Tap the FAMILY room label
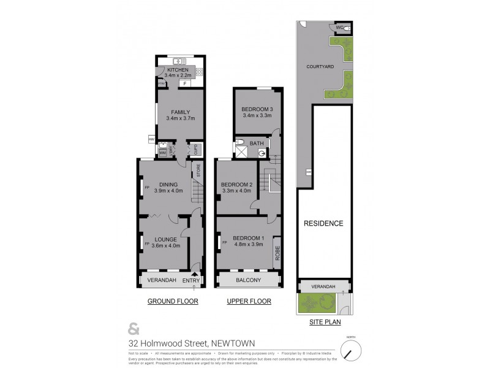[x=180, y=112]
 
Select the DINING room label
[x=168, y=185]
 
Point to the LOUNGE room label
[x=166, y=239]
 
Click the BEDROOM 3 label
[x=257, y=110]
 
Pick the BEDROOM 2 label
[x=236, y=185]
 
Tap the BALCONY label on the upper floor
[x=249, y=280]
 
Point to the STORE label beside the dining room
[x=198, y=170]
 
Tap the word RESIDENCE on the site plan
[x=324, y=223]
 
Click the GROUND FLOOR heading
[x=168, y=302]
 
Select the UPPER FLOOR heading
[x=249, y=302]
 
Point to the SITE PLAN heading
[x=324, y=321]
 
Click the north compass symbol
[x=351, y=351]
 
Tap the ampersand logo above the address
[x=132, y=326]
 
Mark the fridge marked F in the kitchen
[x=183, y=83]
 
